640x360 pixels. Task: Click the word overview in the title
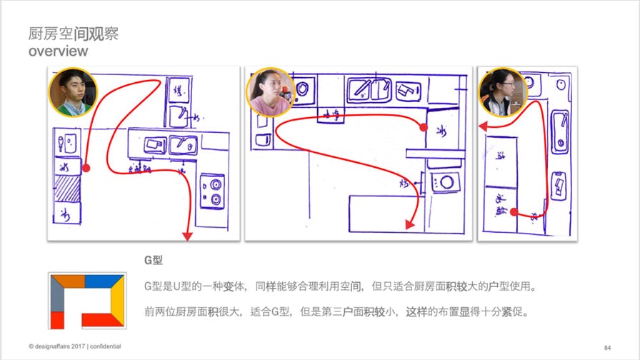59,52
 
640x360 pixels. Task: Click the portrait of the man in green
72,93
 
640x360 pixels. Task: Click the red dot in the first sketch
86,169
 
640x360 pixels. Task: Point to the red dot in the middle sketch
423,127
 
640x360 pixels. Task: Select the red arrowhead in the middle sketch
410,224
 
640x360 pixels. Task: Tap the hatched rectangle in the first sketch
69,189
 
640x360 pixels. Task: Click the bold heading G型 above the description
154,261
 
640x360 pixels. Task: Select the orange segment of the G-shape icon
68,280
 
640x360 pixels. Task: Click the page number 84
608,346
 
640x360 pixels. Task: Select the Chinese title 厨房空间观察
73,34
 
